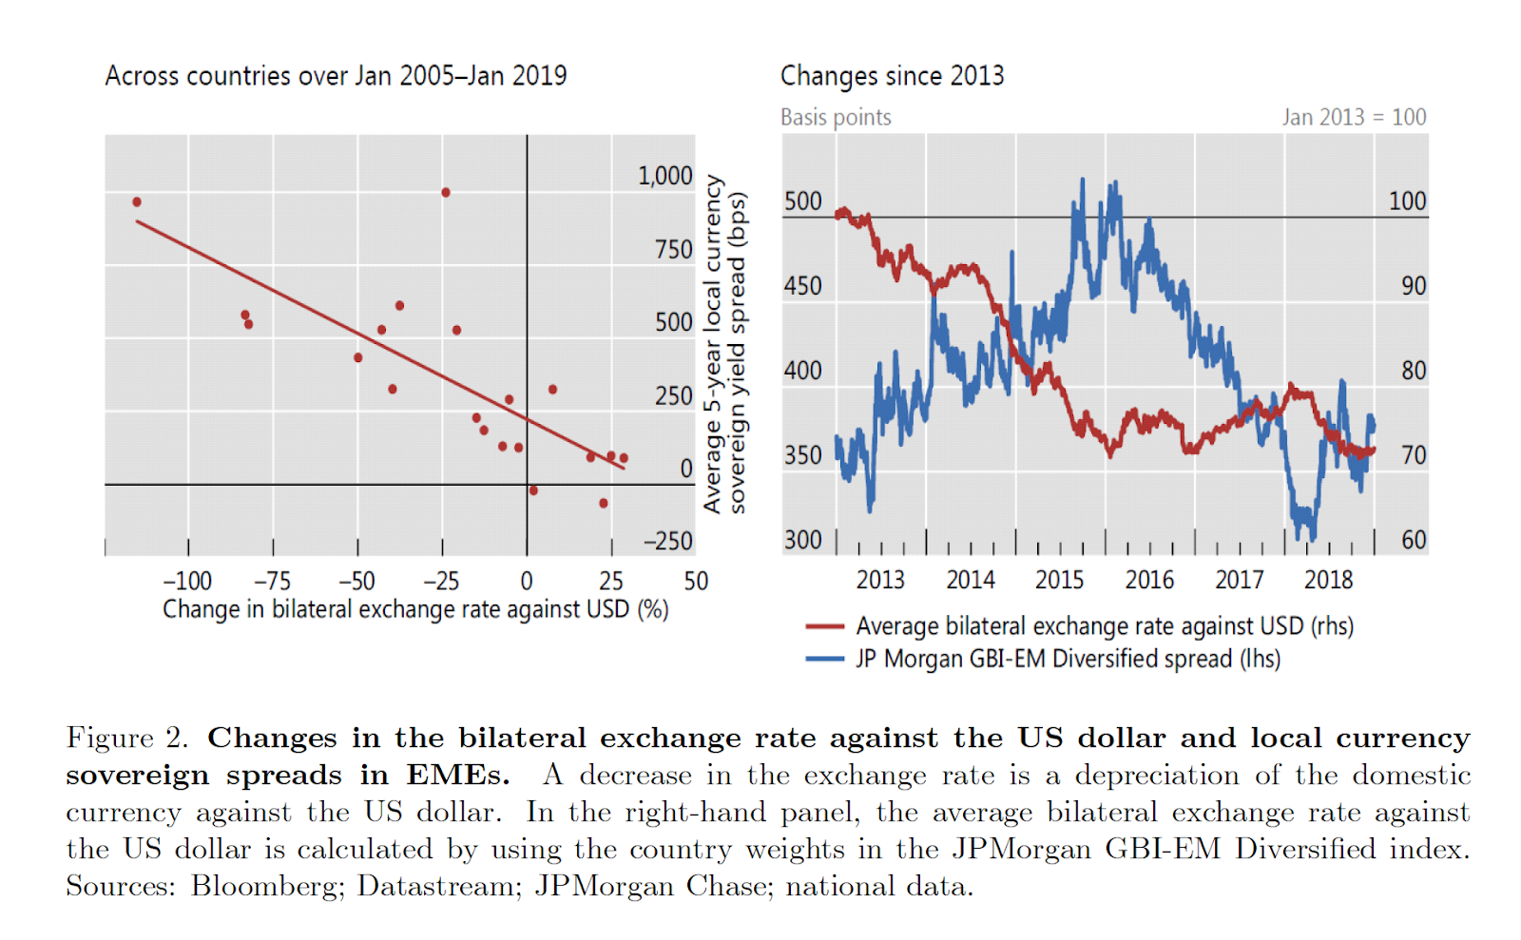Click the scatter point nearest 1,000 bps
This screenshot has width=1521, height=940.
[x=446, y=193]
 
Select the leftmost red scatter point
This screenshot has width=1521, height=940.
[x=137, y=202]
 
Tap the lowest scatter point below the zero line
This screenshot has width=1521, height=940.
[x=604, y=503]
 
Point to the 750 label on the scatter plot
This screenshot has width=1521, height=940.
[x=673, y=250]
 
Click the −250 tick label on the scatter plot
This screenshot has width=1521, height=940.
[x=668, y=541]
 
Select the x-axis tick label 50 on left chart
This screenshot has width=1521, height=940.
[x=696, y=581]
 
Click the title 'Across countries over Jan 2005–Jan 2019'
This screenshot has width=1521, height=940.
[x=336, y=76]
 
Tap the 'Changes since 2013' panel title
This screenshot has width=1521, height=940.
[x=892, y=76]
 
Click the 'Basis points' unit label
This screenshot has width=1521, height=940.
[x=836, y=118]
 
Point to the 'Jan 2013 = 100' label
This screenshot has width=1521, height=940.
[x=1354, y=118]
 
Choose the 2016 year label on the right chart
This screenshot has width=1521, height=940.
[x=1149, y=580]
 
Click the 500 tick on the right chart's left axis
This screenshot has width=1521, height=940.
[x=802, y=201]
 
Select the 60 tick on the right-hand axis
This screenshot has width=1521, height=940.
[x=1414, y=540]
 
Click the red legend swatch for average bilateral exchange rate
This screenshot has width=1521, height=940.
[x=824, y=626]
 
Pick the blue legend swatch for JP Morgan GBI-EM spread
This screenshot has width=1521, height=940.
[x=824, y=659]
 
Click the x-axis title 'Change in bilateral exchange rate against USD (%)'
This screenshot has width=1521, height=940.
[x=415, y=609]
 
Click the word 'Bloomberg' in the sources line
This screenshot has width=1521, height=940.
[x=266, y=887]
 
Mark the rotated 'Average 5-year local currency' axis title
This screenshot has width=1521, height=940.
[x=713, y=344]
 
